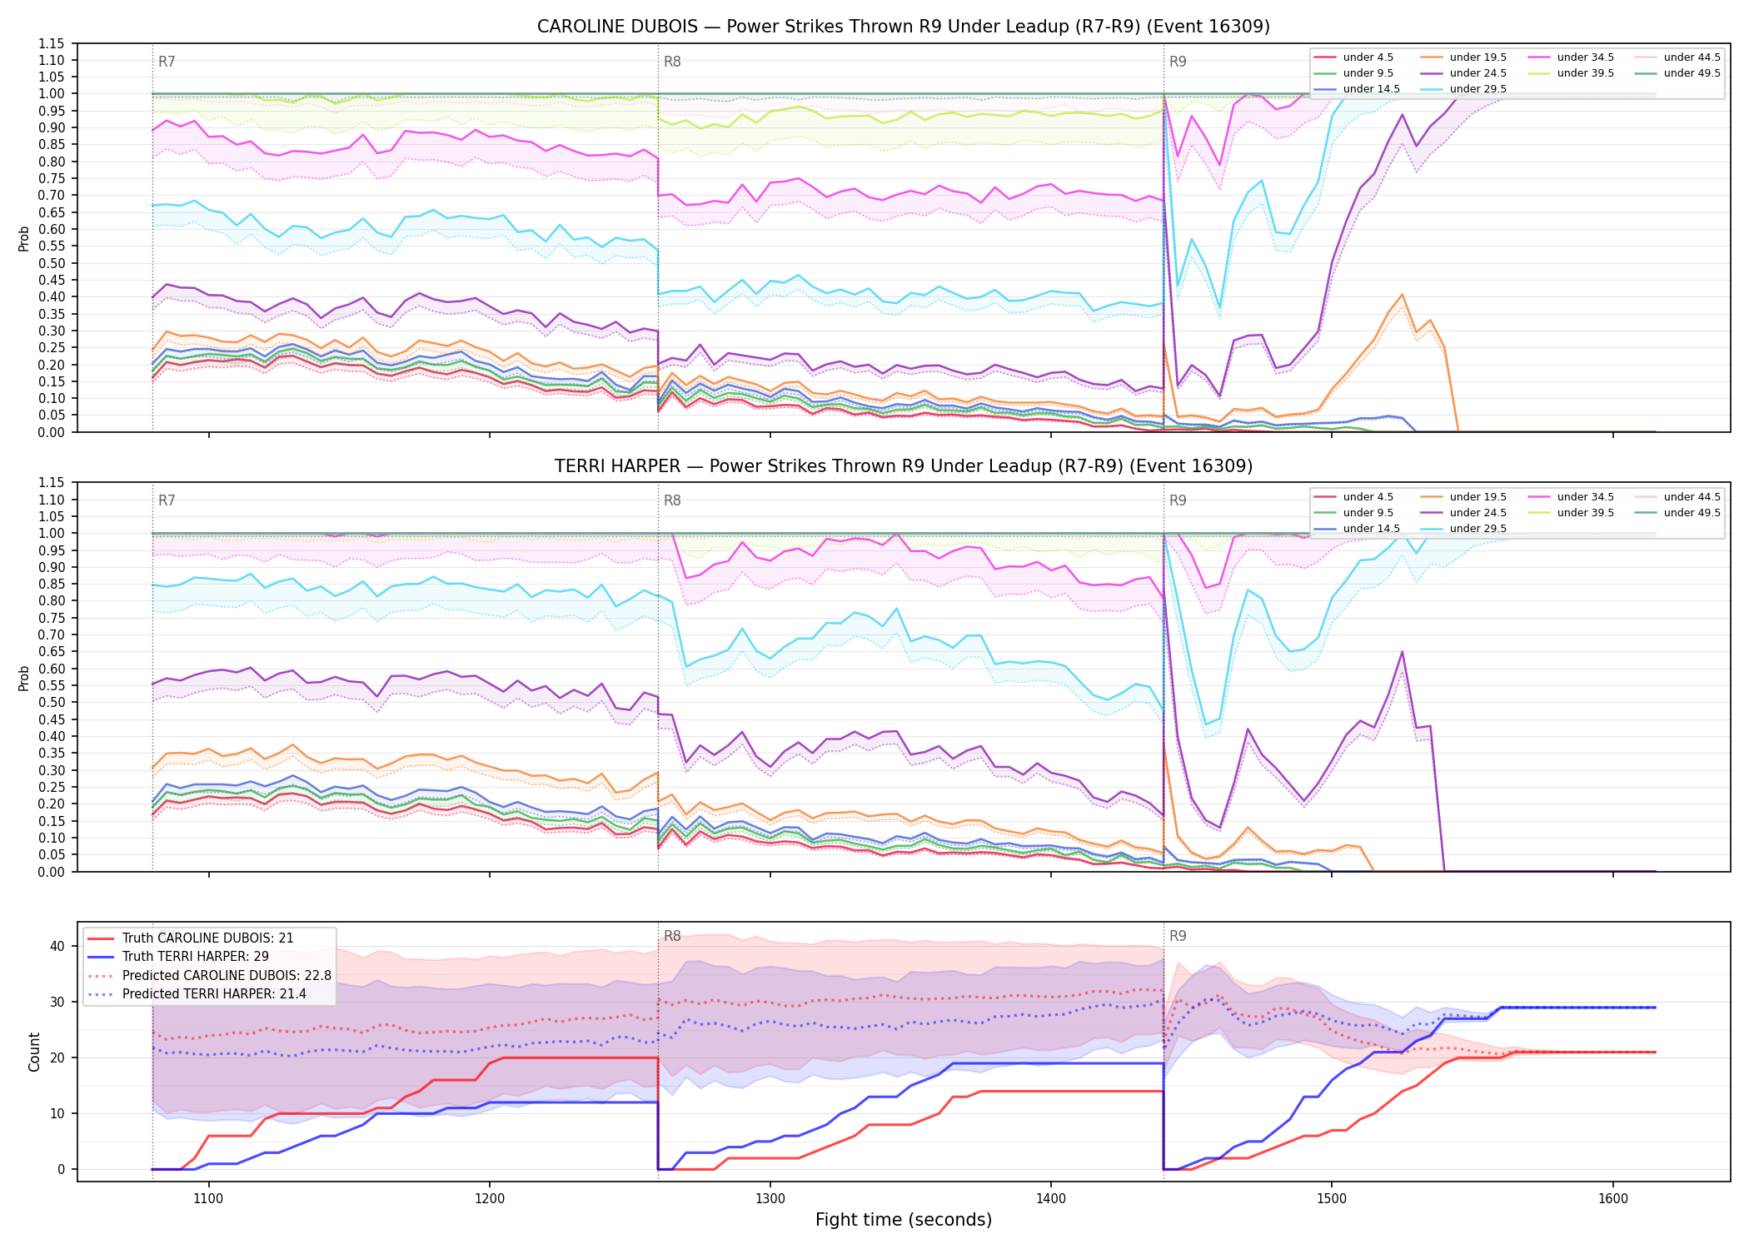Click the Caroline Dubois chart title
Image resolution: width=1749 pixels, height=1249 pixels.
point(904,27)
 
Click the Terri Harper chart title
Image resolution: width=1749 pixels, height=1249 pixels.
point(904,466)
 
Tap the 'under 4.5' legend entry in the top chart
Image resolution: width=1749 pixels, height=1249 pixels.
point(1353,57)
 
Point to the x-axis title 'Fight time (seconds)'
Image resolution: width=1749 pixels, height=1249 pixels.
point(904,1220)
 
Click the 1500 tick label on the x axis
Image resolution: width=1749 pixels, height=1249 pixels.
point(1332,1198)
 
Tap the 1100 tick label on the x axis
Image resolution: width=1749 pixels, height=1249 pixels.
point(208,1198)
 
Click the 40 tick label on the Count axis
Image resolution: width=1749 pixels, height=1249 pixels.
point(57,946)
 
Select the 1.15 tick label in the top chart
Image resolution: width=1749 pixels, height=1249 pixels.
point(52,43)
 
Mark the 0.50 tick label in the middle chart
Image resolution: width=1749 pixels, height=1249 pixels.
point(52,702)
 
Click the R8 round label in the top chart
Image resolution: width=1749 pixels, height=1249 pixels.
point(672,62)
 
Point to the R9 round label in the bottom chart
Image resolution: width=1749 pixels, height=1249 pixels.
point(1178,936)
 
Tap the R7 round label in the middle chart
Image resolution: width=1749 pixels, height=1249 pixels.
point(167,500)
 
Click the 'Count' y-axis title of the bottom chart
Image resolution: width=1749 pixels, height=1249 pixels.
point(34,1052)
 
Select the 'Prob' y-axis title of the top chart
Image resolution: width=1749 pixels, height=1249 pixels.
point(24,238)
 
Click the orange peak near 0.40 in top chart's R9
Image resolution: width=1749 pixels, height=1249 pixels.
point(1403,295)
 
